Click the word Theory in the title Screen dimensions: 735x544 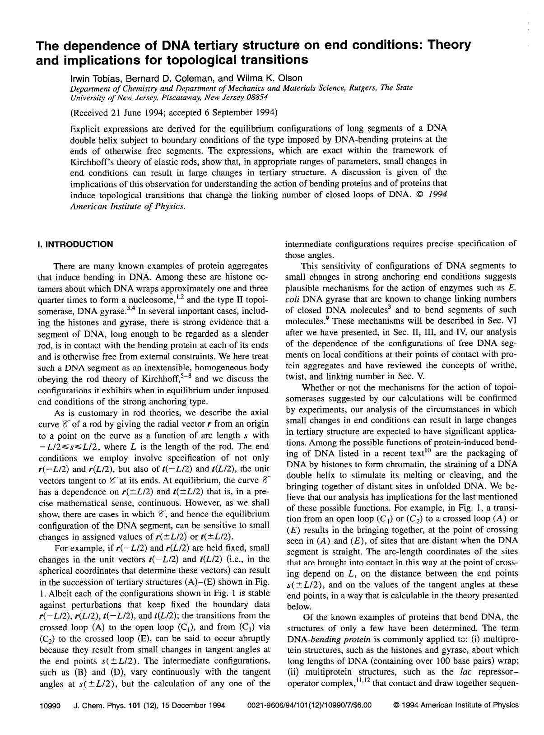[x=449, y=45]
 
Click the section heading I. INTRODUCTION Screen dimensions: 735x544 [x=75, y=244]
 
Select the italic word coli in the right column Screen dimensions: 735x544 [x=293, y=298]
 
